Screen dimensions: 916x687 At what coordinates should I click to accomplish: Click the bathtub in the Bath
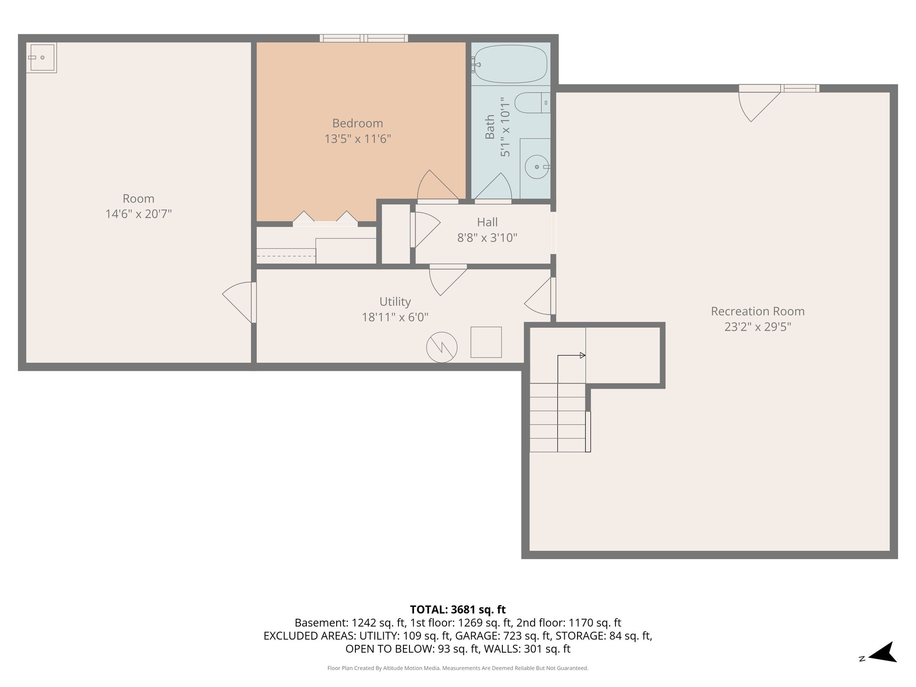pos(511,64)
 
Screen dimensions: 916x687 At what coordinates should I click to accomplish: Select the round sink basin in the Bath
pos(536,167)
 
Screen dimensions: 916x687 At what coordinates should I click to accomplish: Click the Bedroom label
pos(358,123)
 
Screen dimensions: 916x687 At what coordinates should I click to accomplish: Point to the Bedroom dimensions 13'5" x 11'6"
pos(358,139)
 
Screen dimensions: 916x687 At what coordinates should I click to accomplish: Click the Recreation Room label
pos(758,311)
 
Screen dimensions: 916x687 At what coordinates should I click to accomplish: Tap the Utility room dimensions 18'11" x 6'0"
pos(395,317)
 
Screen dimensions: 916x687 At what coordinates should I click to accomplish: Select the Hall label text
pos(487,222)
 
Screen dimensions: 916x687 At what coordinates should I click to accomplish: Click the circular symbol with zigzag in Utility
pos(442,347)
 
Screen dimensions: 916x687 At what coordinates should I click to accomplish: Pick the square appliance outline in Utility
pos(486,342)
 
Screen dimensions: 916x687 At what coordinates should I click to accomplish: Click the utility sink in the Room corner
pos(41,58)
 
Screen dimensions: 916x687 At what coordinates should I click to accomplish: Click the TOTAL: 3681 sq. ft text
pos(458,610)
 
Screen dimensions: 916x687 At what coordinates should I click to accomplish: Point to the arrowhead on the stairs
pos(583,355)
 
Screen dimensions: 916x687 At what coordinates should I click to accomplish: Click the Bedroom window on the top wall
pos(364,38)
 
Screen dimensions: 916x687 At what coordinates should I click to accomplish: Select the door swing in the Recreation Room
pos(759,107)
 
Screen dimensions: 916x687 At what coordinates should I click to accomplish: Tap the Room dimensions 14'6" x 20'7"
pos(138,214)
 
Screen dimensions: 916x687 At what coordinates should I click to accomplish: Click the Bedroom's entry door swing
pos(437,185)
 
